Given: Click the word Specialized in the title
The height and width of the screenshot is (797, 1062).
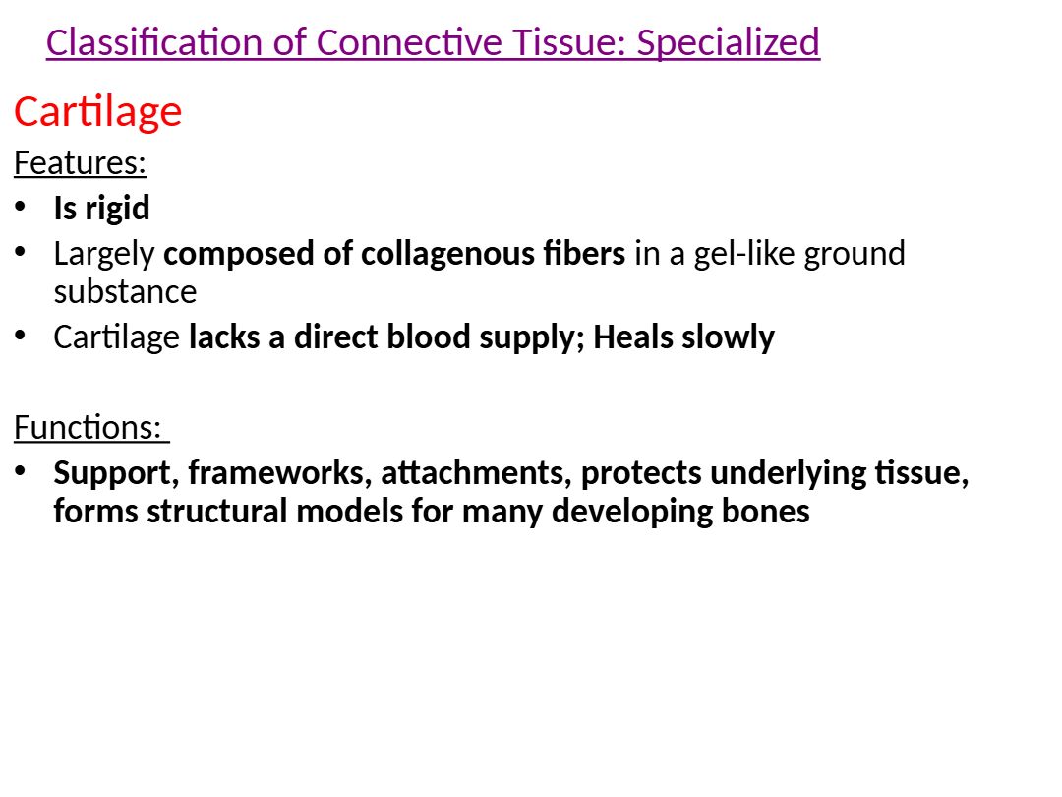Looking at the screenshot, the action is click(728, 43).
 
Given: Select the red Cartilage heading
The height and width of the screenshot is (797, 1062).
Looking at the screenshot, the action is click(98, 112).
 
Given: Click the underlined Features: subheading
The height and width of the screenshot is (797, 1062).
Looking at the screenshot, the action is click(80, 163).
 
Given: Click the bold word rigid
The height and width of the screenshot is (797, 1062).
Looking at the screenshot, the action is click(117, 208).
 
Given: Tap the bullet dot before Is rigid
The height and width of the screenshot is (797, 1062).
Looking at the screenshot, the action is click(21, 206).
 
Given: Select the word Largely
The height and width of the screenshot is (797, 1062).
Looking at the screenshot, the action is click(104, 255).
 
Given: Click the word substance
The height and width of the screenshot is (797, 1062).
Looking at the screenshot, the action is click(125, 292).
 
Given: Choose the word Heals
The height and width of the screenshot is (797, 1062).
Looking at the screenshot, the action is click(633, 337).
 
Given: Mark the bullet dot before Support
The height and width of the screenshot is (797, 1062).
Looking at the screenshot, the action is click(21, 470).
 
